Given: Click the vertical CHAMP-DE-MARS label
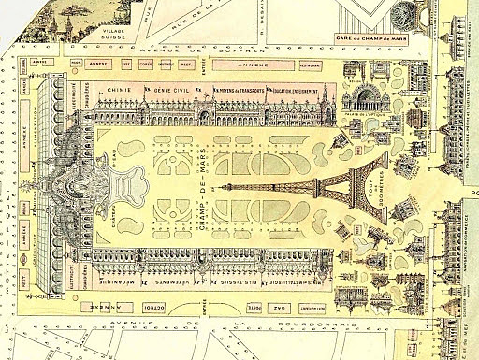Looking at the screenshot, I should tap(206, 183).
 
